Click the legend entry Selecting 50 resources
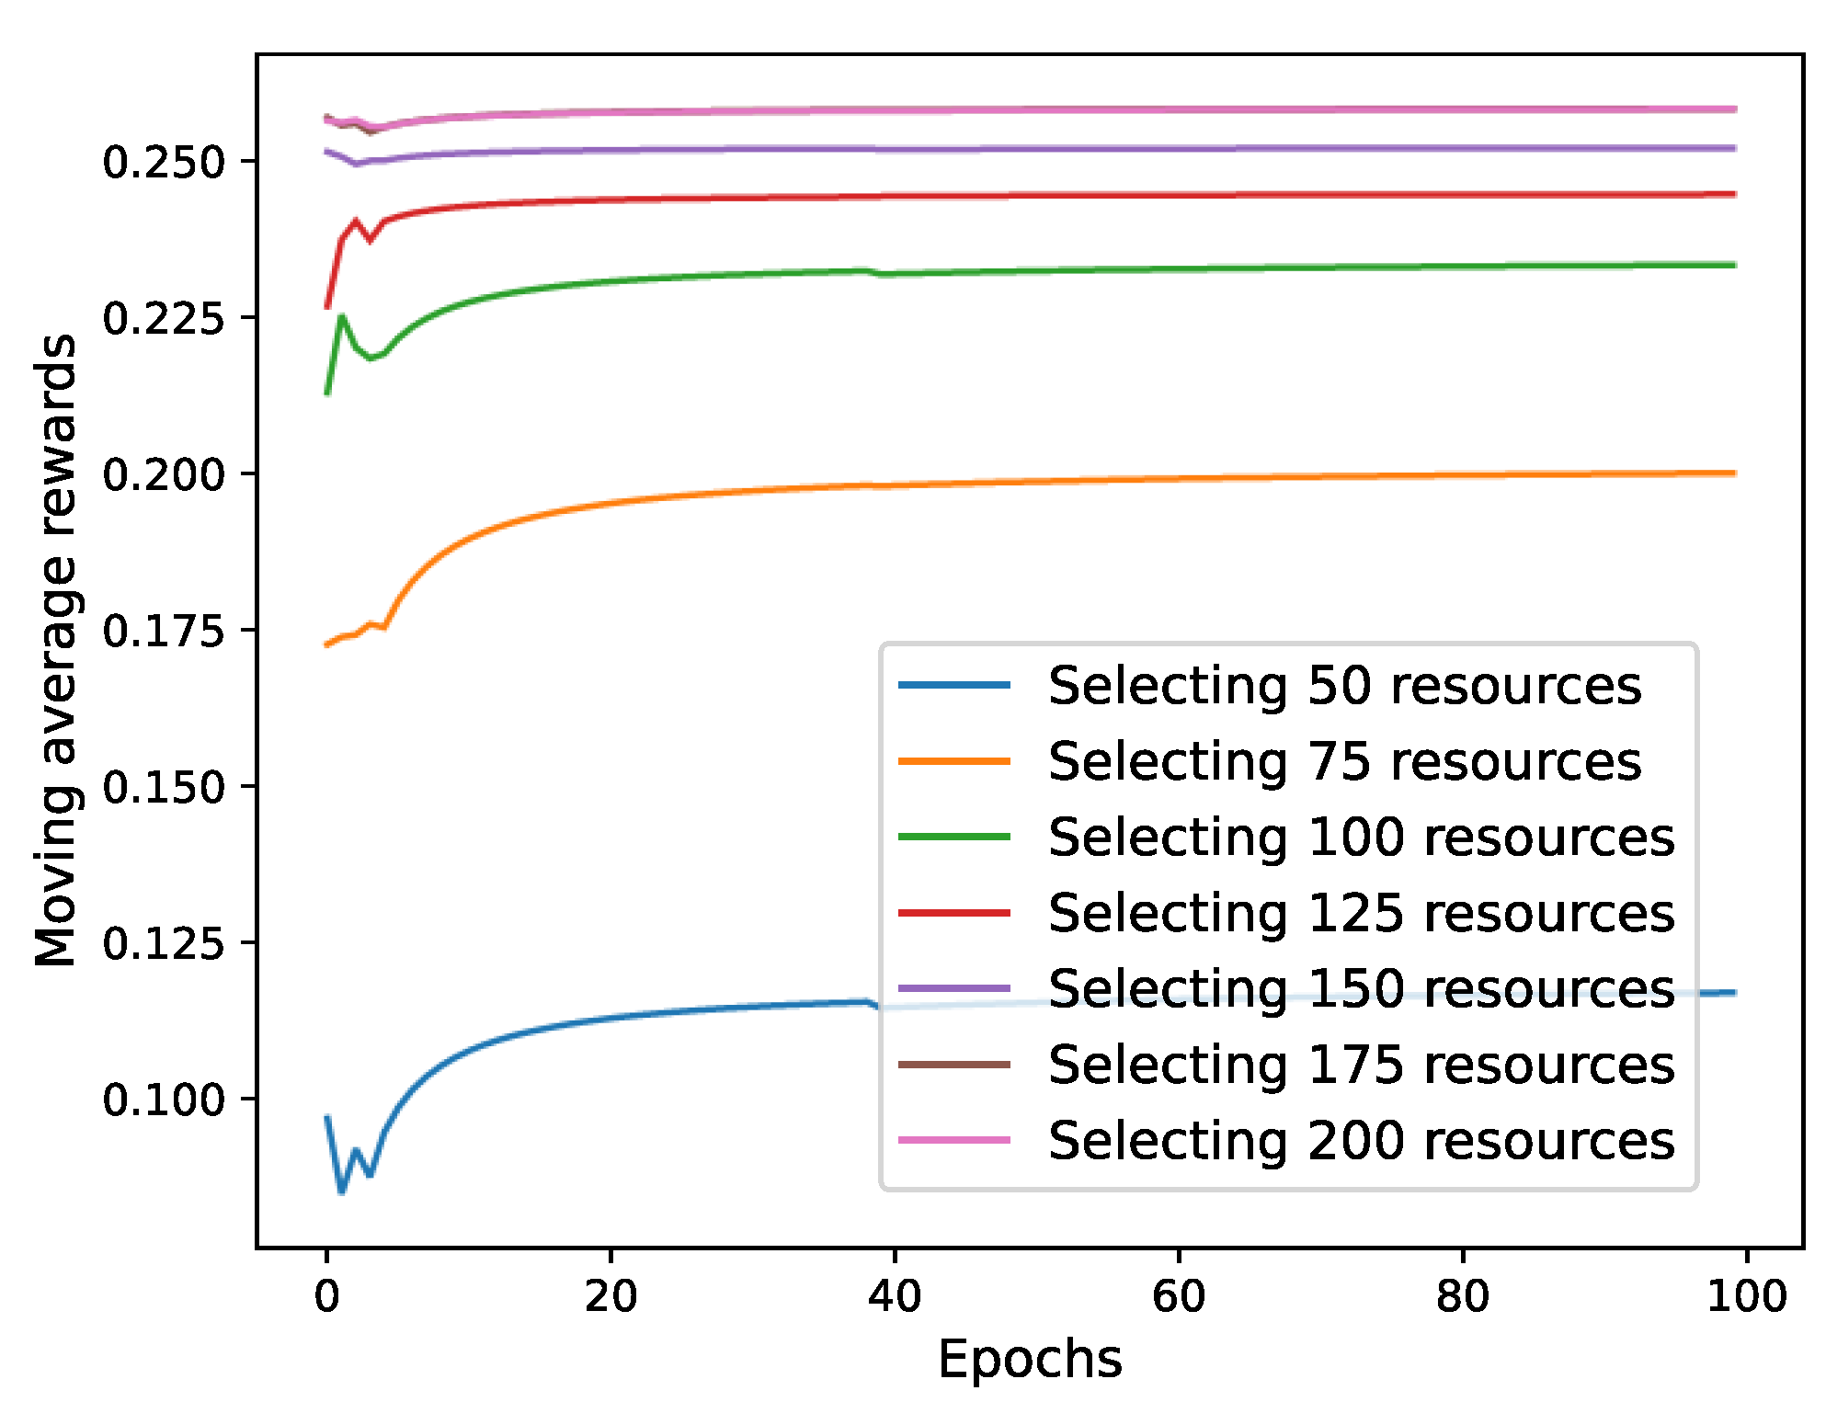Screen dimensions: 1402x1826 coord(1343,686)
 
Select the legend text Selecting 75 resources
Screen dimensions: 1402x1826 coord(1343,762)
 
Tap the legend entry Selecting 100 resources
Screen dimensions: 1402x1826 coord(1361,838)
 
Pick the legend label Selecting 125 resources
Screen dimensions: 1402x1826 coord(1361,913)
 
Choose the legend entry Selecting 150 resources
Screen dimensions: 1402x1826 coord(1361,989)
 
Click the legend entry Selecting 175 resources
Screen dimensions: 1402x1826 coord(1361,1065)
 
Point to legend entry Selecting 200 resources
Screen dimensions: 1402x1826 coord(1361,1141)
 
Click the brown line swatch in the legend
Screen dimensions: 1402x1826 coord(953,1065)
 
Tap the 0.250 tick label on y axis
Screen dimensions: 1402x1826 coord(163,163)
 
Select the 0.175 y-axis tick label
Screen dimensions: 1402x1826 coord(163,632)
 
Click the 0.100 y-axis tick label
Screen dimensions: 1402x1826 coord(163,1100)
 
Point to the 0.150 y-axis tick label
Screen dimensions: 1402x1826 coord(163,788)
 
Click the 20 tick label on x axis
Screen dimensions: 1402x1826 coord(611,1297)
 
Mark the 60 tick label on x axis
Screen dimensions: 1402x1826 coord(1179,1297)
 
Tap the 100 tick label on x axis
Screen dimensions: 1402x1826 coord(1746,1297)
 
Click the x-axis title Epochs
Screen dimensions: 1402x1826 coord(1030,1360)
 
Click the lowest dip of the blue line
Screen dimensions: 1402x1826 coord(342,1192)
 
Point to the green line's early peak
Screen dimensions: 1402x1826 coord(342,317)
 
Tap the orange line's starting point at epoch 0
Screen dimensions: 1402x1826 coord(327,644)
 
